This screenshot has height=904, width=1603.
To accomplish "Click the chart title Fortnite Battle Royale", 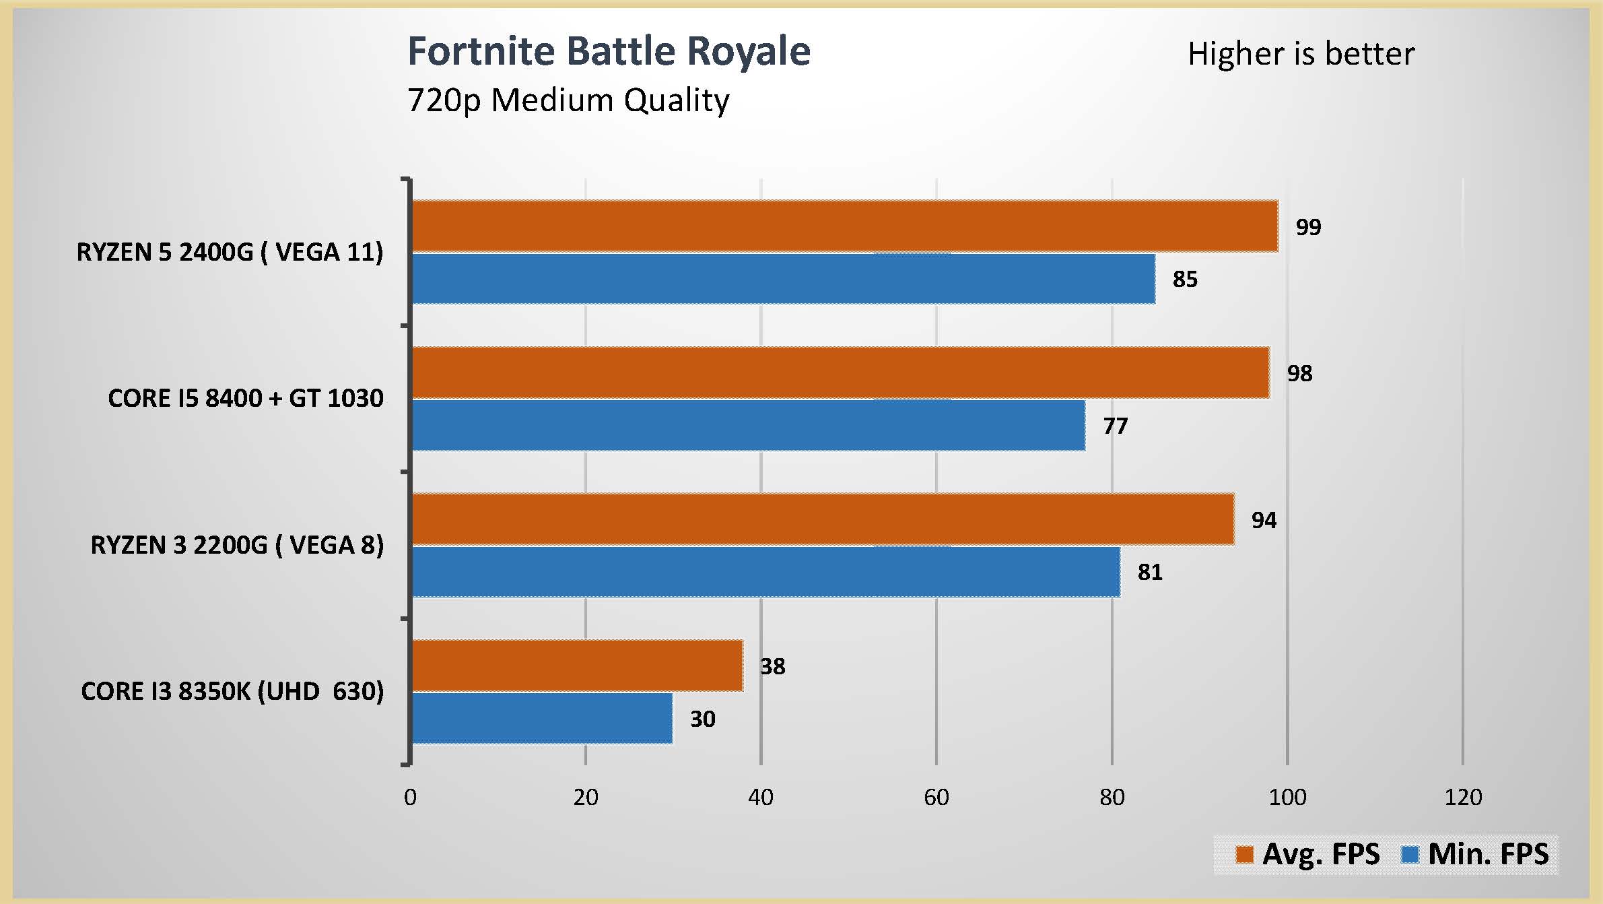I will (609, 51).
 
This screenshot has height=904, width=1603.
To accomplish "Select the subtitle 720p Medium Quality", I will (568, 100).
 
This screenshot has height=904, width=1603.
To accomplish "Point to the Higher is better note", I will (1301, 54).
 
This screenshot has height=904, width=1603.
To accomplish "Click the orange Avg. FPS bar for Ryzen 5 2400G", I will (844, 226).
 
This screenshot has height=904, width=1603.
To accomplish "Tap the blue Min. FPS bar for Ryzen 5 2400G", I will (783, 279).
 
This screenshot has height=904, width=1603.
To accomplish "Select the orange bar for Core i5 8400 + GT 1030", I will (840, 373).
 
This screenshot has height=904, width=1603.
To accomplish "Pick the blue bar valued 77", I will (748, 425).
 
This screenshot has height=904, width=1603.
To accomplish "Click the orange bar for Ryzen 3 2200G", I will (823, 519).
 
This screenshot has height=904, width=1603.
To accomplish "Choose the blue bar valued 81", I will (765, 572).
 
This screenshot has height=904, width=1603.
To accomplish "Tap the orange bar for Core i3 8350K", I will (577, 666).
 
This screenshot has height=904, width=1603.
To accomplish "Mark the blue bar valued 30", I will (542, 719).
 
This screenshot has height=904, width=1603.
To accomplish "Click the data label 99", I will (1308, 227).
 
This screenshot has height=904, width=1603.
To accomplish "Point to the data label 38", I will (773, 667).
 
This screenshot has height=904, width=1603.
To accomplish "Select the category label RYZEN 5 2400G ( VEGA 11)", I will (230, 252).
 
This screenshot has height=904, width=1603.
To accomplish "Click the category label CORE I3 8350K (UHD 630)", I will (232, 691).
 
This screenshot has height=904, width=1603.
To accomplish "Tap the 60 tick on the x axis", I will (936, 798).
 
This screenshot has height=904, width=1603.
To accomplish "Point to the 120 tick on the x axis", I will (1463, 798).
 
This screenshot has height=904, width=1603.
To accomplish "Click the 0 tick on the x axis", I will (410, 798).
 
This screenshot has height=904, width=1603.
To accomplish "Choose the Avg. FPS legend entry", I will (1307, 854).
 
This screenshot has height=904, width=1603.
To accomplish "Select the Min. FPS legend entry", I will (1474, 854).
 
